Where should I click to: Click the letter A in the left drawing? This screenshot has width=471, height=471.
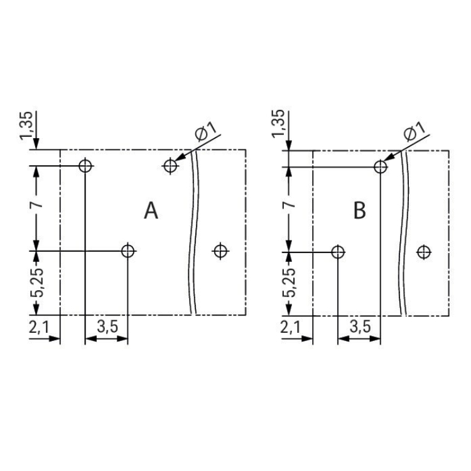point(151,210)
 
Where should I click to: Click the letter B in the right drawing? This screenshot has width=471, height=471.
point(360,210)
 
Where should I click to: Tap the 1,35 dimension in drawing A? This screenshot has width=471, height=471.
point(26,126)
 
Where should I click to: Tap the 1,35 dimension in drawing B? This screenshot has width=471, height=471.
point(278,124)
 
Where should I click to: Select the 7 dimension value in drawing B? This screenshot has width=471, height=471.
point(289,205)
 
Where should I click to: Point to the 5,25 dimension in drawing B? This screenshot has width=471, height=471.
point(289,283)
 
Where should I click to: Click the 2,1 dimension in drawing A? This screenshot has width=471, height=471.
point(39,327)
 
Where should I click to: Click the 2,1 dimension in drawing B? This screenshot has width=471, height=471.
point(291,327)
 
